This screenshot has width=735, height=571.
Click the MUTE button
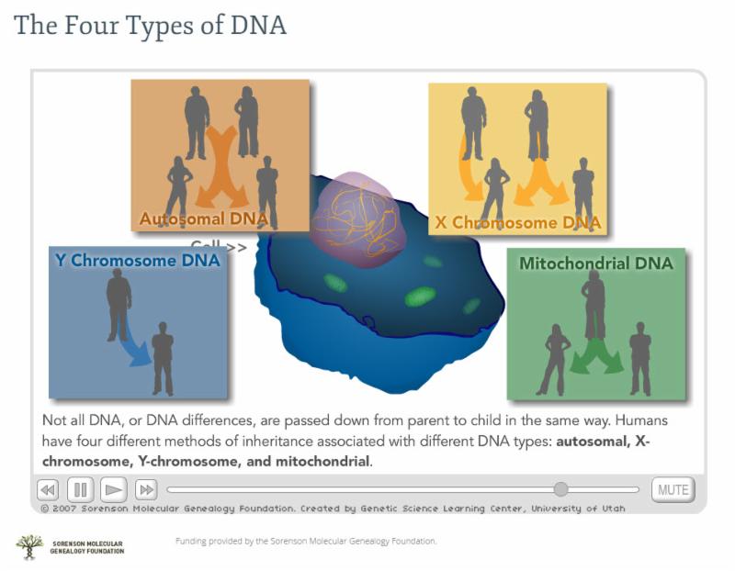(x=673, y=490)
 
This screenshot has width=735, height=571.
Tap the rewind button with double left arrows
(x=48, y=490)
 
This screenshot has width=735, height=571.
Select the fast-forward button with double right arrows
(x=146, y=490)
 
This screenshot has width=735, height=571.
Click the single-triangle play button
(x=113, y=490)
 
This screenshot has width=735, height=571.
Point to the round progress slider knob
(x=560, y=489)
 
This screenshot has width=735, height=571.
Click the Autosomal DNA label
(x=204, y=218)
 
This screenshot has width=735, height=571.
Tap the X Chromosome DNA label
(x=518, y=222)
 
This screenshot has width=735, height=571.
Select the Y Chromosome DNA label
(x=137, y=261)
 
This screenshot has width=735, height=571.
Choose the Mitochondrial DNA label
(x=595, y=263)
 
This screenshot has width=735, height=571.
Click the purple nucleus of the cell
(x=357, y=220)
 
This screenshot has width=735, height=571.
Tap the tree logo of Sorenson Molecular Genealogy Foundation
(x=29, y=547)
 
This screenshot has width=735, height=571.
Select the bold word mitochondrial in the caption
(x=322, y=462)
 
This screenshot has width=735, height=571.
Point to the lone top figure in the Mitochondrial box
(x=594, y=305)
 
